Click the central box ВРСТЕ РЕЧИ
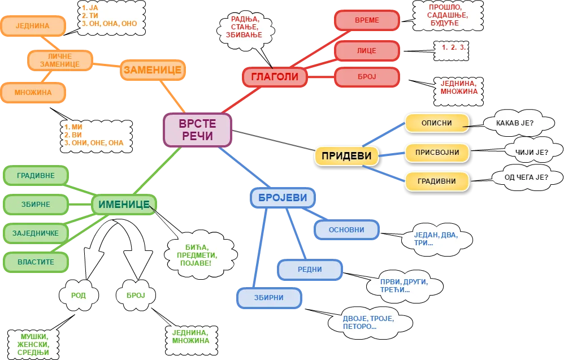(197, 130)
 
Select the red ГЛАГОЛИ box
(275, 77)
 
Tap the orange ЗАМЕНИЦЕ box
(153, 70)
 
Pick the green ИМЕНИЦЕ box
(124, 205)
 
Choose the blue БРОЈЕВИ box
(283, 198)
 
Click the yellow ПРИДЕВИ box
(346, 156)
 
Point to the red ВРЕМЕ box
(367, 20)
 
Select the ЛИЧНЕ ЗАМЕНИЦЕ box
(60, 60)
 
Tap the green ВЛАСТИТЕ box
(36, 262)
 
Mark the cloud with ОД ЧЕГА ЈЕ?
(526, 177)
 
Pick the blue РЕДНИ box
(310, 270)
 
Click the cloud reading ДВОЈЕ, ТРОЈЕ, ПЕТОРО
(370, 323)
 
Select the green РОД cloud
(79, 296)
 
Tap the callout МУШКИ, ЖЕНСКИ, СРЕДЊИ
(33, 345)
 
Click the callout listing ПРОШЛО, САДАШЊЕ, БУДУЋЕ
(448, 15)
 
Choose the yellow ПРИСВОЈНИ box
(437, 153)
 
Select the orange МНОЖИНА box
(33, 93)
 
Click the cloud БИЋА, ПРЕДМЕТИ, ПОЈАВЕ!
(201, 255)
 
